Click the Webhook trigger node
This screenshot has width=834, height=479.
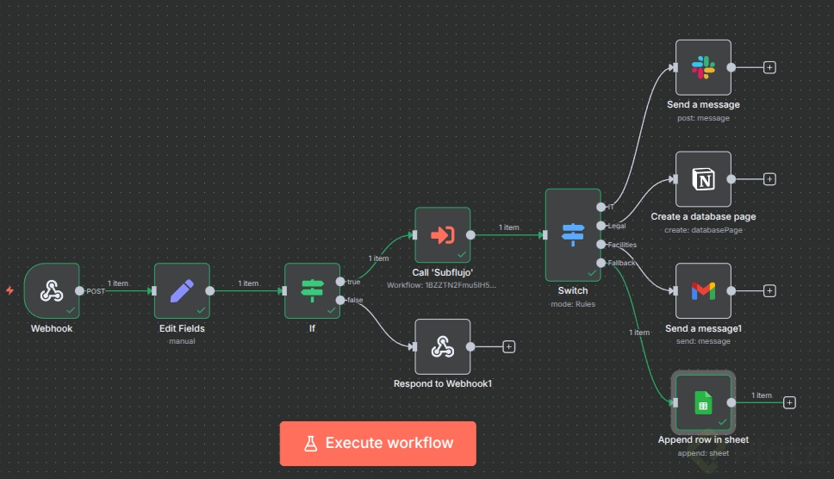click(52, 291)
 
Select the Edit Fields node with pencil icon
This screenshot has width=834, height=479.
click(182, 291)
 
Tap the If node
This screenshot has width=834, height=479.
click(312, 291)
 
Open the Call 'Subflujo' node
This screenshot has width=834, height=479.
click(442, 234)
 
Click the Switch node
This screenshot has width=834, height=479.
click(573, 234)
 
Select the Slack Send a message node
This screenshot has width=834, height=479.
click(703, 67)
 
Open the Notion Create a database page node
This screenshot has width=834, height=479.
click(703, 179)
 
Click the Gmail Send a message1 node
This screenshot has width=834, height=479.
click(703, 291)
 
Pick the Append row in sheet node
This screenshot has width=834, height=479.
click(703, 402)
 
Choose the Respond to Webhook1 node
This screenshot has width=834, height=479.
click(442, 346)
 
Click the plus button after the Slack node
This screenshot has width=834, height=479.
click(769, 67)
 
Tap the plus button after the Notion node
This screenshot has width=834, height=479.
click(769, 179)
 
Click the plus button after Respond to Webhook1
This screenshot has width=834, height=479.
click(509, 346)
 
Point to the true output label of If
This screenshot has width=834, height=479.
click(353, 282)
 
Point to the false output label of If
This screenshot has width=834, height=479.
click(354, 300)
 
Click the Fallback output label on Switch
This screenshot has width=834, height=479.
click(622, 263)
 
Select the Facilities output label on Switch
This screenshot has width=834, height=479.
click(622, 245)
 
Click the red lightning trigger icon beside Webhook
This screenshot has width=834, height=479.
click(9, 291)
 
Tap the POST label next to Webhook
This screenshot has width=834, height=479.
click(96, 291)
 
